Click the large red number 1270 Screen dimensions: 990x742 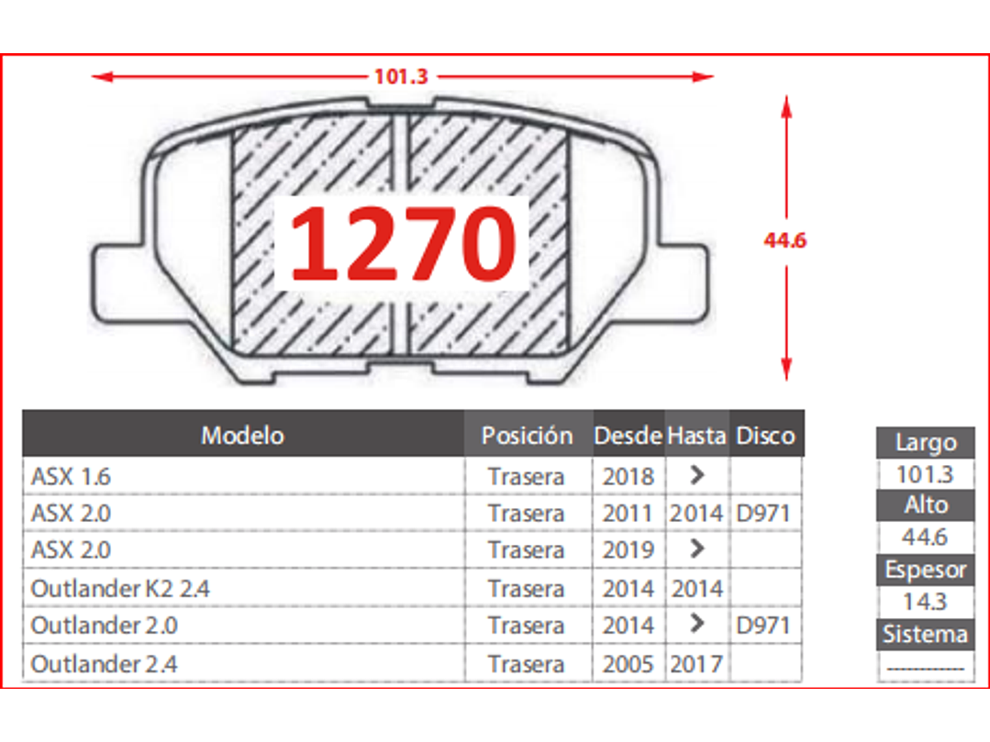pyautogui.click(x=402, y=244)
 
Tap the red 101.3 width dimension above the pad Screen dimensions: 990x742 pyautogui.click(x=401, y=76)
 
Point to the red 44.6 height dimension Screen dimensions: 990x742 pyautogui.click(x=784, y=239)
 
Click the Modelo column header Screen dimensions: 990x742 pyautogui.click(x=242, y=436)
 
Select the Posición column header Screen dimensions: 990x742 pyautogui.click(x=527, y=436)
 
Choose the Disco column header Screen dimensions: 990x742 pyautogui.click(x=765, y=436)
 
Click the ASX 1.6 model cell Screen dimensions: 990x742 pyautogui.click(x=71, y=476)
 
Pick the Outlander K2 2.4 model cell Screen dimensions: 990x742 pyautogui.click(x=120, y=589)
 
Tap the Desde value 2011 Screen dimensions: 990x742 pyautogui.click(x=628, y=514)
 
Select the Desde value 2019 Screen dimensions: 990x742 pyautogui.click(x=628, y=550)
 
